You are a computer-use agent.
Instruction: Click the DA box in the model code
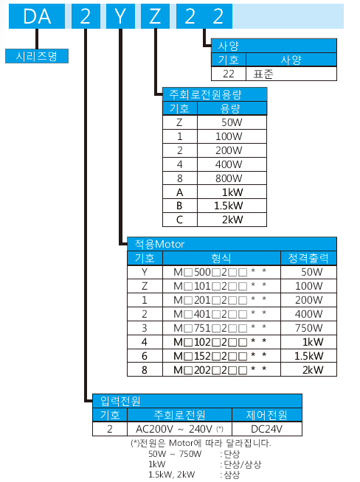tap(37, 16)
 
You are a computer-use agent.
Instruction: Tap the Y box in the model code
tap(120, 16)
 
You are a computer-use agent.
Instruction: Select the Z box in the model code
tap(155, 16)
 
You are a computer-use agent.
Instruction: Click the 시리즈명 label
tap(37, 56)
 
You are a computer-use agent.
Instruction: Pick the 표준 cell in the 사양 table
tap(291, 74)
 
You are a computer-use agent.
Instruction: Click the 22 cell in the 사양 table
tap(229, 74)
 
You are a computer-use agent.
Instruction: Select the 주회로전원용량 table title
tap(215, 94)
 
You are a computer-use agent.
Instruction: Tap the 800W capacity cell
tap(232, 178)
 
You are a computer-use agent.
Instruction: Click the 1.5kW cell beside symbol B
tap(232, 206)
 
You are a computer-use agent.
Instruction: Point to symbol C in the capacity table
tap(180, 220)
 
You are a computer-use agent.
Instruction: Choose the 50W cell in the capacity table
tap(232, 122)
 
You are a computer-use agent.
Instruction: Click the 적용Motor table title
tap(232, 244)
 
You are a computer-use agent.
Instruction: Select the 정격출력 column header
tap(308, 258)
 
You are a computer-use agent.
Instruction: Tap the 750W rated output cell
tap(308, 328)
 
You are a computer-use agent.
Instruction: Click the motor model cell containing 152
tap(221, 356)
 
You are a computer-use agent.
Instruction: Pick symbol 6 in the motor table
tap(145, 356)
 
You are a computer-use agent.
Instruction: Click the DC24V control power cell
tap(267, 429)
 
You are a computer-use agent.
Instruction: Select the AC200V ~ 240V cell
tap(179, 429)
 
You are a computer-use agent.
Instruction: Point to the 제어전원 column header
tap(267, 415)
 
